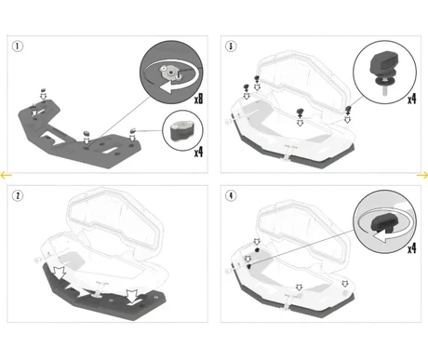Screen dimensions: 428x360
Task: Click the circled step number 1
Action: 18,47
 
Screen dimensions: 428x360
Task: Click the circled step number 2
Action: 18,195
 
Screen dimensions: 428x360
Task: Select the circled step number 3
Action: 231,47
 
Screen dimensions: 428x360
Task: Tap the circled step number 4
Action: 231,195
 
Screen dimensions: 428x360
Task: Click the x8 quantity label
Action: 199,100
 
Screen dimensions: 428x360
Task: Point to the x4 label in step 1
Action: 199,153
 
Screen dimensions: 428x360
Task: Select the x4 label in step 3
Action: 412,100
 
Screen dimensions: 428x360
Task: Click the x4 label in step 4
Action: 412,248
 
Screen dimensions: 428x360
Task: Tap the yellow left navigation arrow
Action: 6,175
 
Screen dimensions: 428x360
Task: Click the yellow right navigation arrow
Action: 422,176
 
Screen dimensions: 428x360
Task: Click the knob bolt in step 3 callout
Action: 384,72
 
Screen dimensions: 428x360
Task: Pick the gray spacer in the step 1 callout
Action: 182,130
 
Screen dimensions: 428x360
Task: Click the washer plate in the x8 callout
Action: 169,73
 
